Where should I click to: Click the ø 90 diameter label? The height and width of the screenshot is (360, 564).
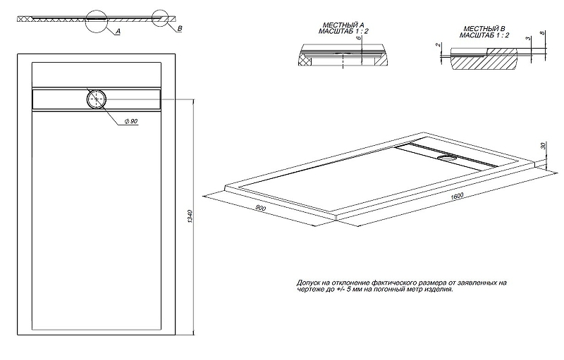pyautogui.click(x=129, y=123)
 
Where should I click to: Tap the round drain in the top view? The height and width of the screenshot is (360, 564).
pyautogui.click(x=96, y=99)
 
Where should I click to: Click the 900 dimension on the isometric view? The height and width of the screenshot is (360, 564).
pyautogui.click(x=260, y=209)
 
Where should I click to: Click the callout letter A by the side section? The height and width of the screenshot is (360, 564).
pyautogui.click(x=118, y=32)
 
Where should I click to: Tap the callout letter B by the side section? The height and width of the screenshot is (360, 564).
pyautogui.click(x=180, y=27)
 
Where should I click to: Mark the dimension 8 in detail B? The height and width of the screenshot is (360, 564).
pyautogui.click(x=541, y=34)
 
